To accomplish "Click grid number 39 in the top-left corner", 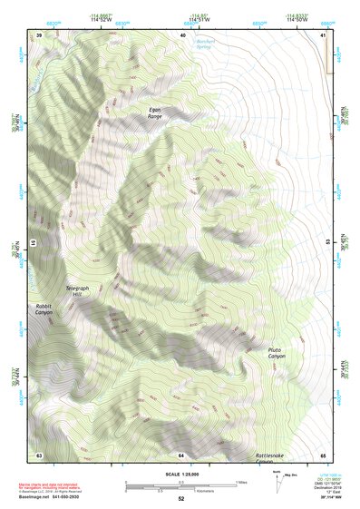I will [x=39, y=34].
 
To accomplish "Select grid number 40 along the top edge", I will [x=182, y=34].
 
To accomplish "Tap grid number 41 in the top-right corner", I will [x=322, y=34].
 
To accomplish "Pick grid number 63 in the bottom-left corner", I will [x=39, y=455].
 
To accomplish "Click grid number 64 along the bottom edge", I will [x=181, y=455].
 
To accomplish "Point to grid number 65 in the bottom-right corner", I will [x=322, y=455].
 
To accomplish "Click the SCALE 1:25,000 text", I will [x=180, y=472].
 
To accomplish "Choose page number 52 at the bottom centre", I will [x=180, y=499].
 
